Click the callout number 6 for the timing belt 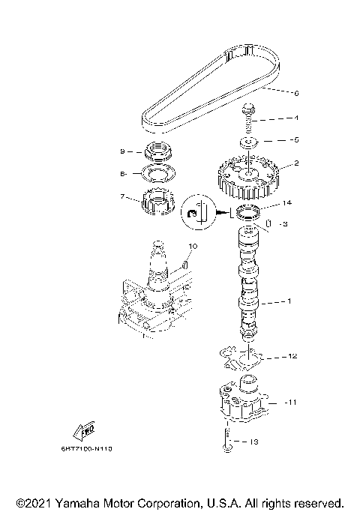[x=296, y=94]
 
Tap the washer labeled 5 [x=247, y=140]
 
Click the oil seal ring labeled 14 [x=248, y=212]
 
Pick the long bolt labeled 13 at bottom [x=226, y=439]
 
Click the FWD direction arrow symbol [x=82, y=430]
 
